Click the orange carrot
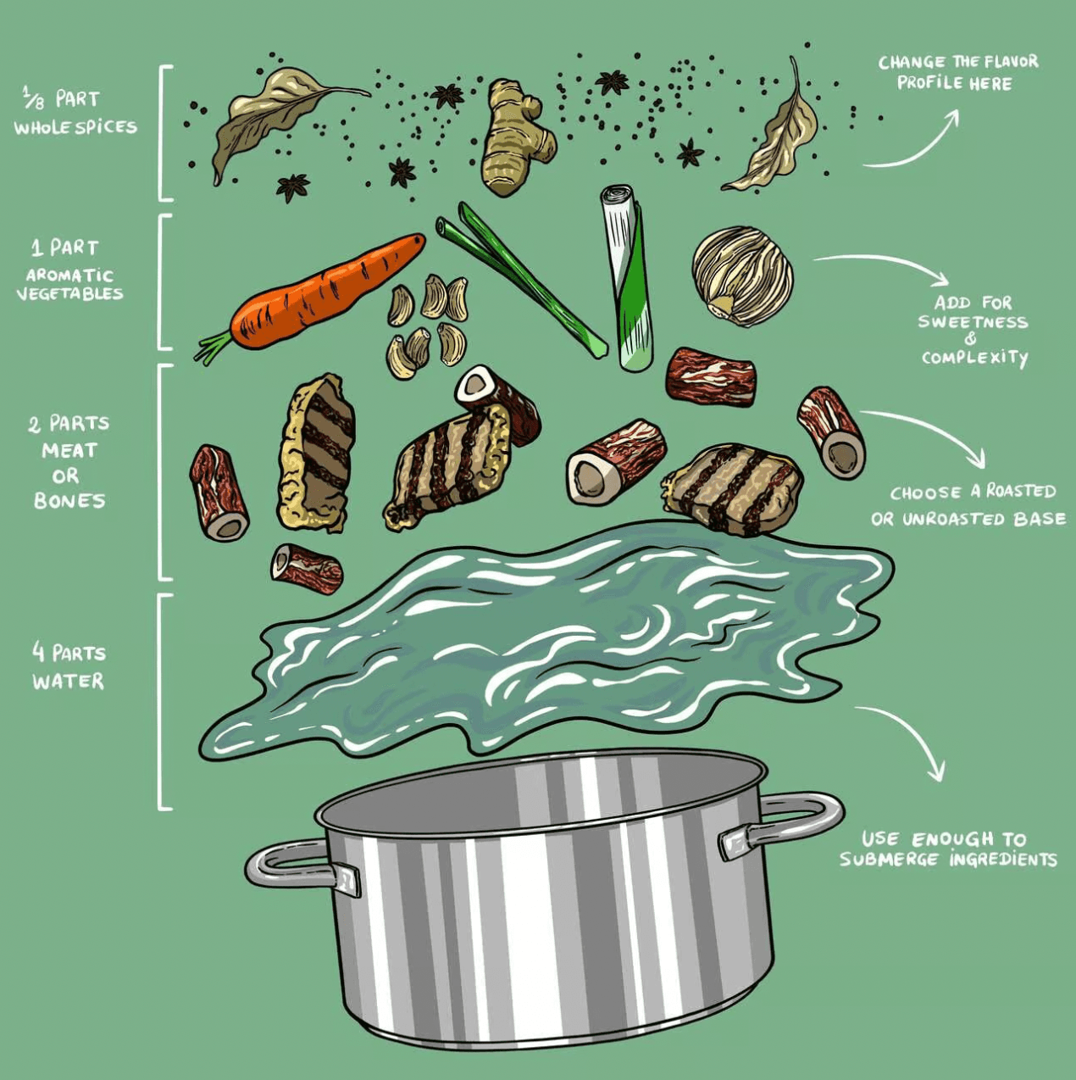pos(328,292)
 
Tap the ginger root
pos(516,137)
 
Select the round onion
pos(742,276)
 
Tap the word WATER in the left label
pos(68,682)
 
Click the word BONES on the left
pos(69,500)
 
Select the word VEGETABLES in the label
pos(69,293)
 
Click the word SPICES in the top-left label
pos(106,127)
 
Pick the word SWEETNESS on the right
pos(973,322)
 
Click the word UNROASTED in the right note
pos(952,520)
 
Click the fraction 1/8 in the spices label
pos(34,99)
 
